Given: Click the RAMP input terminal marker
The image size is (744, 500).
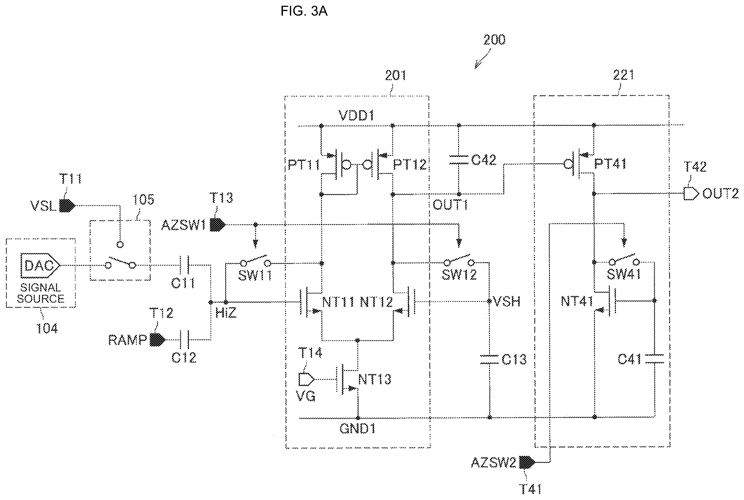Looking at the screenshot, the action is coord(157,340).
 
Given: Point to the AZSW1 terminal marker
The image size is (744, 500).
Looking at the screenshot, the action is coord(218,225).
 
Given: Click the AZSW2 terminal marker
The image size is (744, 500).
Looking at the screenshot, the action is coord(527,462).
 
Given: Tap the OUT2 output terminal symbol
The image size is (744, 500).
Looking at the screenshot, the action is coord(691,193).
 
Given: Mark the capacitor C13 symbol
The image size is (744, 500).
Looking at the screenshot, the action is coord(490,359).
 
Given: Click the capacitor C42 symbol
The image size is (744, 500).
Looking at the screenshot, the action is coord(459,160).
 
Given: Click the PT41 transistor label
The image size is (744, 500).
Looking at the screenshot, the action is coord(610,164).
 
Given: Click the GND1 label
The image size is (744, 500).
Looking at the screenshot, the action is coord(357,429).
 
